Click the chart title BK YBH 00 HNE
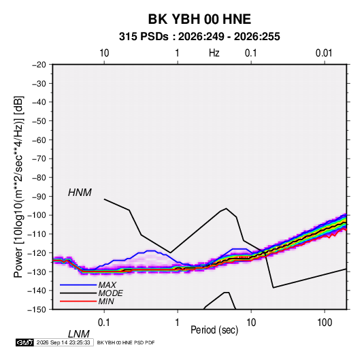199,19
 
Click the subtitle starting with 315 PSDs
199,37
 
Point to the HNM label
80,193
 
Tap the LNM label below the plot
78,334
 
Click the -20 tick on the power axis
39,65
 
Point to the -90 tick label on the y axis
39,196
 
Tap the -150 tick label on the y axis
37,310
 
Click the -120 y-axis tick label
37,252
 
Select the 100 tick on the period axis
325,323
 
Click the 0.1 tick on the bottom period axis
104,323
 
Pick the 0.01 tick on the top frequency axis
324,53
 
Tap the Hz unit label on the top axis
214,53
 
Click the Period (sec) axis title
214,330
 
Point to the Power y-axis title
18,187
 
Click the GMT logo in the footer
25,342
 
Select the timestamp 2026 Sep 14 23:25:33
63,342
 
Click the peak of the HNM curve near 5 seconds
226,208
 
